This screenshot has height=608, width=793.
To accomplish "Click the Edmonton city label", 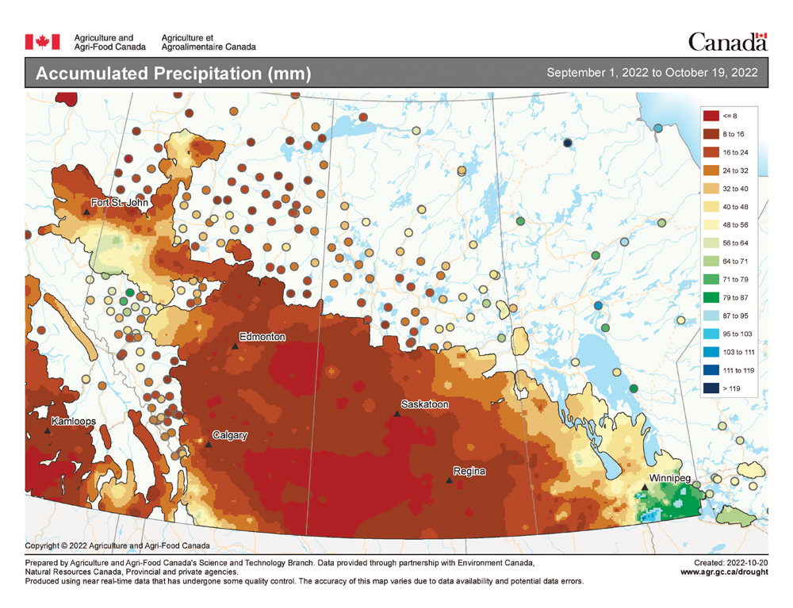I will [x=263, y=337].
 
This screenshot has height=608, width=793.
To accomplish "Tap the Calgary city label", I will [x=230, y=435].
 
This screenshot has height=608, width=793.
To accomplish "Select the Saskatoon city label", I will [x=425, y=404].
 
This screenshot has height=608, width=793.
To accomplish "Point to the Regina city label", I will [x=469, y=472].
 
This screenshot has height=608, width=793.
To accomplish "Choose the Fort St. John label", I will [x=120, y=203].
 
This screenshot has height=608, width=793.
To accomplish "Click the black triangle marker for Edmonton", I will [x=235, y=346].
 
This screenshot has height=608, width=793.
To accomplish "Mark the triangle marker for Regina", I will [x=449, y=480].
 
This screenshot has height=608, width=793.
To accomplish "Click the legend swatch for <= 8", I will [x=711, y=116].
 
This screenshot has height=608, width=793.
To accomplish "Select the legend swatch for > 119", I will [x=711, y=388].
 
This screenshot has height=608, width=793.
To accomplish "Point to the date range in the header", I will [x=652, y=73].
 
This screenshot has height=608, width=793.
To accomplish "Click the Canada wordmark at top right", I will [x=727, y=41].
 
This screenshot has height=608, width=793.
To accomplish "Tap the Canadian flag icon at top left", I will [x=43, y=41].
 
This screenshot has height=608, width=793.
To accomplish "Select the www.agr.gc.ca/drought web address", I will [x=723, y=572].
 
